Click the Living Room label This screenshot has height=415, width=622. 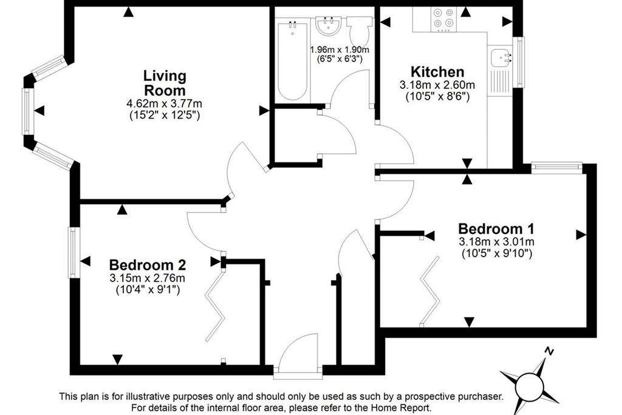click(x=165, y=83)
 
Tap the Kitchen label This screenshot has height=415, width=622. click(x=437, y=72)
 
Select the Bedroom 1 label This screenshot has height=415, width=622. click(x=496, y=229)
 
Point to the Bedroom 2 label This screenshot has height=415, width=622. click(x=148, y=265)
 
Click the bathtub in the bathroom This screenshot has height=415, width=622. click(x=293, y=61)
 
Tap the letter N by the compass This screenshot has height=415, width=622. click(x=549, y=351)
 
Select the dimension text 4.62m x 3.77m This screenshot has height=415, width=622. click(x=164, y=104)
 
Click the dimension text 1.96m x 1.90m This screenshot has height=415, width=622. click(x=340, y=50)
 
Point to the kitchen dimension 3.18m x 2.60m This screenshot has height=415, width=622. click(x=437, y=85)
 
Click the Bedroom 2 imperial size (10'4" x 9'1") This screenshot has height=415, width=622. click(x=148, y=290)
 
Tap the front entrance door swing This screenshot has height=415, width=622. click(x=298, y=351)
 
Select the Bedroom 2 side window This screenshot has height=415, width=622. click(x=74, y=252)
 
